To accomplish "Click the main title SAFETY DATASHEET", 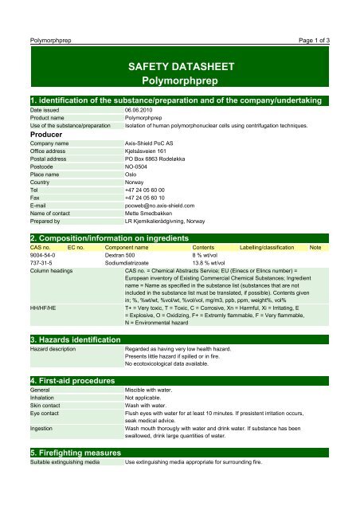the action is pos(179,62).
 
